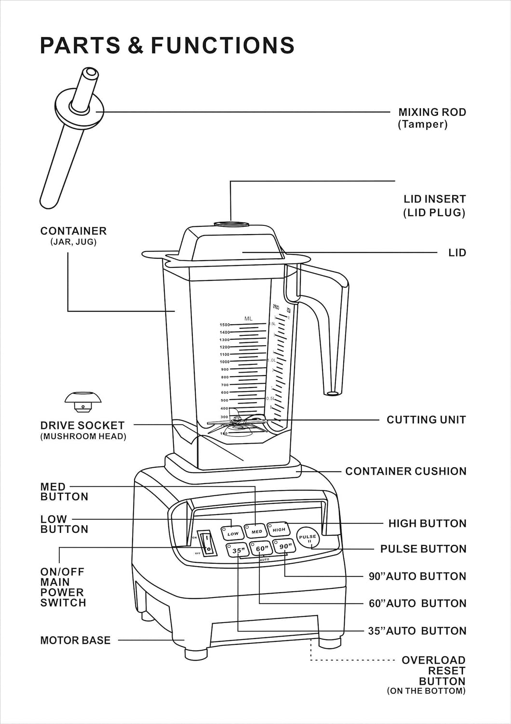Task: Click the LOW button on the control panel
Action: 232,533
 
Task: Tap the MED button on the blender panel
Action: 256,531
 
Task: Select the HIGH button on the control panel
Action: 279,529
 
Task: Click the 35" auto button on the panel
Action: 238,550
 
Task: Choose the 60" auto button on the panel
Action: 262,549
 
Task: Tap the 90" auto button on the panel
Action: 285,546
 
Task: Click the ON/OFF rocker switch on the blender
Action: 207,544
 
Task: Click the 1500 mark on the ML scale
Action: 225,325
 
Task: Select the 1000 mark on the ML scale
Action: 225,362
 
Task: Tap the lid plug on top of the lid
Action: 231,224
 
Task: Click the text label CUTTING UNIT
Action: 426,420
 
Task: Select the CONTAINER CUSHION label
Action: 405,471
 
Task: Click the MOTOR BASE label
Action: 75,640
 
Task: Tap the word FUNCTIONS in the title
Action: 222,45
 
